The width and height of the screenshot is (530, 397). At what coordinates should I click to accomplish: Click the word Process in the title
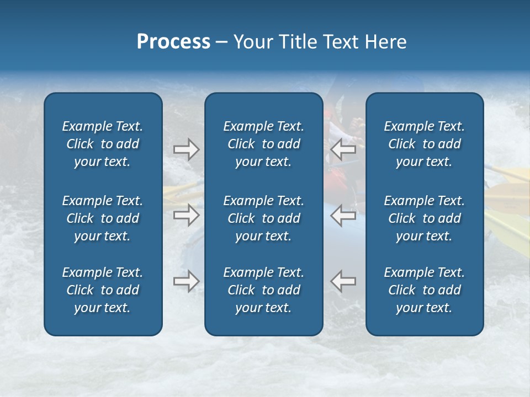click(x=173, y=42)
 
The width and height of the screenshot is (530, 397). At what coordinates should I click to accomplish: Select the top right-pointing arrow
click(x=187, y=149)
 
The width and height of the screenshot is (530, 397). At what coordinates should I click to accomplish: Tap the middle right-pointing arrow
click(x=187, y=215)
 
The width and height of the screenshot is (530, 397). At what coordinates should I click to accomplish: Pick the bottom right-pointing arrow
click(x=187, y=281)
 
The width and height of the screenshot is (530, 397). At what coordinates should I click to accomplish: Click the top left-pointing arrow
click(x=343, y=149)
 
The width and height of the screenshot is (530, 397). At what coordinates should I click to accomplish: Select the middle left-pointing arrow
click(x=343, y=215)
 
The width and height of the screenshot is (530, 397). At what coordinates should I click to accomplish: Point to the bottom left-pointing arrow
click(x=343, y=281)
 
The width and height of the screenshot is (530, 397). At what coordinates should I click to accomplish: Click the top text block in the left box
click(x=103, y=144)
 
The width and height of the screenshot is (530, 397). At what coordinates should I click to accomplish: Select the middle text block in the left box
click(x=103, y=218)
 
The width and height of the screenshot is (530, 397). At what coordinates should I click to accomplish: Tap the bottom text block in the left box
click(x=103, y=290)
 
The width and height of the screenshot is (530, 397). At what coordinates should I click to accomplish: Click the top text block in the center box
click(x=263, y=144)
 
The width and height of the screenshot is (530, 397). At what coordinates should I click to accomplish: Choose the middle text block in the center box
click(x=263, y=218)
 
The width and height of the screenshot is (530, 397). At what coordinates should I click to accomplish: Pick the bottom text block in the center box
click(x=263, y=290)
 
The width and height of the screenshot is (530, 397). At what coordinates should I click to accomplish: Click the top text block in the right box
click(x=424, y=144)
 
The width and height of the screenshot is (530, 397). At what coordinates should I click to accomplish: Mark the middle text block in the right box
click(x=424, y=218)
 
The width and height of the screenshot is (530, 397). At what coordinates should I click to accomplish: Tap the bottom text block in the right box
click(x=424, y=290)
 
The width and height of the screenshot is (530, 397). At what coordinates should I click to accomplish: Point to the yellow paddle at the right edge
click(x=508, y=226)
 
